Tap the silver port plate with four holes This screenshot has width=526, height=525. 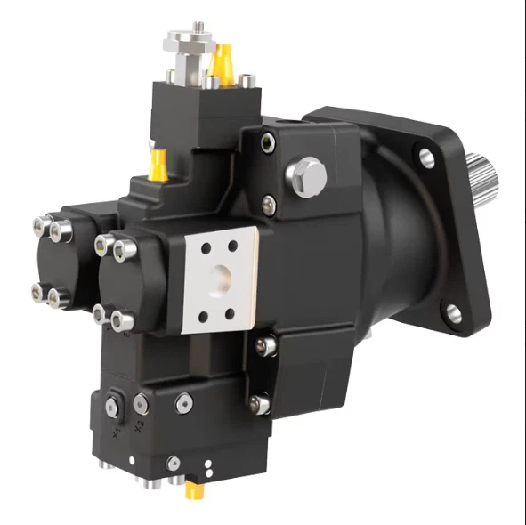pyautogui.click(x=220, y=279)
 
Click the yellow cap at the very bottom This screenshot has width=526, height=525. pyautogui.click(x=191, y=490)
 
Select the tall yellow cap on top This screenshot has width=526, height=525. pyautogui.click(x=223, y=61)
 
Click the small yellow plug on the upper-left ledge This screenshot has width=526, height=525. pyautogui.click(x=159, y=163)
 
